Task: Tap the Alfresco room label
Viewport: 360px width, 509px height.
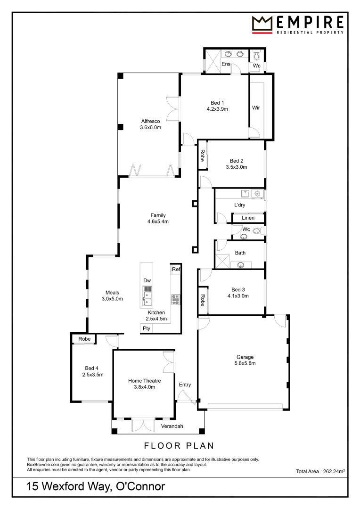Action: tap(151, 121)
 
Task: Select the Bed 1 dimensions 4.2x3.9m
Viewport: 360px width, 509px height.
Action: tap(217, 109)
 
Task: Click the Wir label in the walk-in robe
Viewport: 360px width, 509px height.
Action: tap(256, 108)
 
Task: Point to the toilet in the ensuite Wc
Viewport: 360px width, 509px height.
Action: tap(256, 56)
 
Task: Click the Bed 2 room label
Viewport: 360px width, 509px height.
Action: tap(237, 160)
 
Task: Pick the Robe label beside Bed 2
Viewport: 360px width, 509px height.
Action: tap(202, 155)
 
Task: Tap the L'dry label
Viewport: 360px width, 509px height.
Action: tap(240, 205)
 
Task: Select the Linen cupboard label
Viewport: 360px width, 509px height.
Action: tap(248, 218)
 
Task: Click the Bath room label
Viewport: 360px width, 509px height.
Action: tap(240, 253)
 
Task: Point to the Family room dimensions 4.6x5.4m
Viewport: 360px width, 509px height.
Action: tap(158, 222)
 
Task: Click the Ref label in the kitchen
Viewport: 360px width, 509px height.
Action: tap(176, 270)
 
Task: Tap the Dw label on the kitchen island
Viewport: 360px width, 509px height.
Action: tap(147, 280)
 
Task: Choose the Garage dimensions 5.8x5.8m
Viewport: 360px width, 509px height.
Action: tap(245, 363)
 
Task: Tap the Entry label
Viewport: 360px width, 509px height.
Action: tap(185, 385)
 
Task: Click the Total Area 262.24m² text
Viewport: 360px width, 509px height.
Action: tap(320, 471)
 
